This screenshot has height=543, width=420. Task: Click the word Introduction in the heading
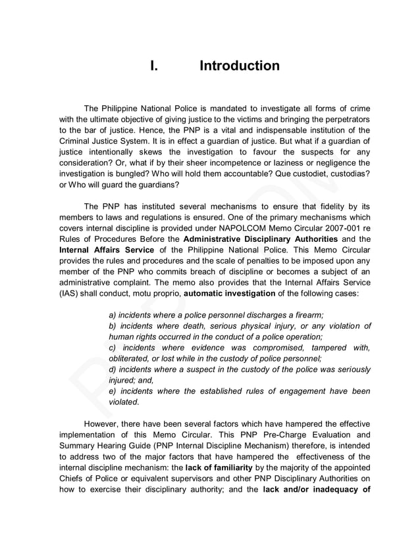(x=239, y=66)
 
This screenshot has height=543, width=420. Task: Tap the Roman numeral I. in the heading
(x=154, y=66)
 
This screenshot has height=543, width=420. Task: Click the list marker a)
(x=113, y=315)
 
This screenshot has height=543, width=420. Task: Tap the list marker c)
(x=113, y=348)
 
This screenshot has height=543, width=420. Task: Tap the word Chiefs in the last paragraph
(x=72, y=478)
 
